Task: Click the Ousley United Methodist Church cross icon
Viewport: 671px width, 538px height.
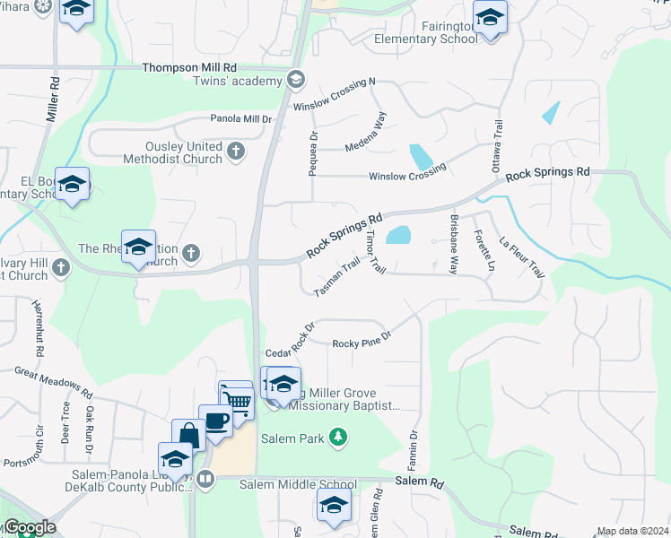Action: coord(236,151)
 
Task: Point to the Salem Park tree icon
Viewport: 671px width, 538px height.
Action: coord(337,438)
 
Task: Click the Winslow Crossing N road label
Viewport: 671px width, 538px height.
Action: coord(334,94)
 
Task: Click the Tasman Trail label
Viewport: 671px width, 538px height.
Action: coord(337,277)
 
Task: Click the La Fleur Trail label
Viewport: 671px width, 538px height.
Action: coord(522,256)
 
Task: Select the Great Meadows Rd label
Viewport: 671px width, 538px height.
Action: coord(53,381)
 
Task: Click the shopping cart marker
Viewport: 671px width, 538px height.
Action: coord(237,398)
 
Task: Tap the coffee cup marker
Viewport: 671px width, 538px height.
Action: coord(215,421)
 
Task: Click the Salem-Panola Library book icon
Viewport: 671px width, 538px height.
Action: coord(206,478)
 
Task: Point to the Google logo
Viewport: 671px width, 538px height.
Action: coord(29,527)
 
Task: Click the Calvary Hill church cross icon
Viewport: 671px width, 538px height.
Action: coord(61,267)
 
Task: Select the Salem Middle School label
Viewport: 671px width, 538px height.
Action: coord(309,484)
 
